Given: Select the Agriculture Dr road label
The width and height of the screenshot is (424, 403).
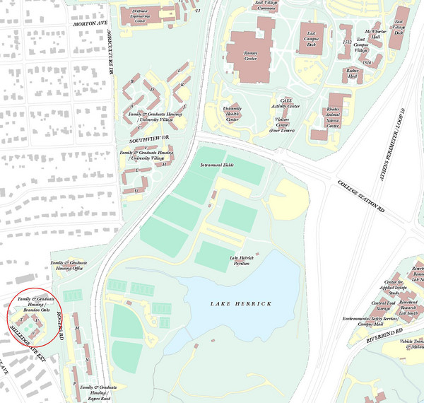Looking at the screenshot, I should pyautogui.click(x=110, y=52).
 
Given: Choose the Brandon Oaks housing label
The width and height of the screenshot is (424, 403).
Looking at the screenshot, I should pyautogui.click(x=33, y=305).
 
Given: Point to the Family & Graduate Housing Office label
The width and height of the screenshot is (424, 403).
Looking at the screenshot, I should pyautogui.click(x=65, y=265).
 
